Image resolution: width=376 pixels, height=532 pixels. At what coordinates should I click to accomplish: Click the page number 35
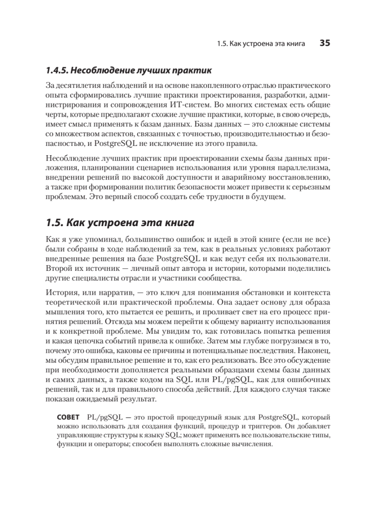[x=325, y=43]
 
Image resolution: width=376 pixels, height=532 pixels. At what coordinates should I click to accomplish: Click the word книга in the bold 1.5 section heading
[x=175, y=221]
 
